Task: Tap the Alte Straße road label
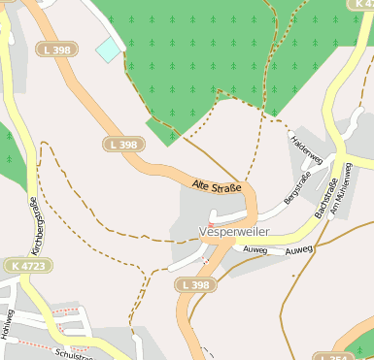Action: [x=216, y=184]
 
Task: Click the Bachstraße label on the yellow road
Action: [x=325, y=197]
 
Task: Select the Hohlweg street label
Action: [x=10, y=328]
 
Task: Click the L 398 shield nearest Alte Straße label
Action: [x=122, y=144]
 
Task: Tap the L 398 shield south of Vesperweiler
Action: [x=197, y=285]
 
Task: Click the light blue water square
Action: [x=109, y=49]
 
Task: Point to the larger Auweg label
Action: [x=299, y=250]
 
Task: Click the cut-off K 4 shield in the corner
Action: [x=360, y=5]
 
